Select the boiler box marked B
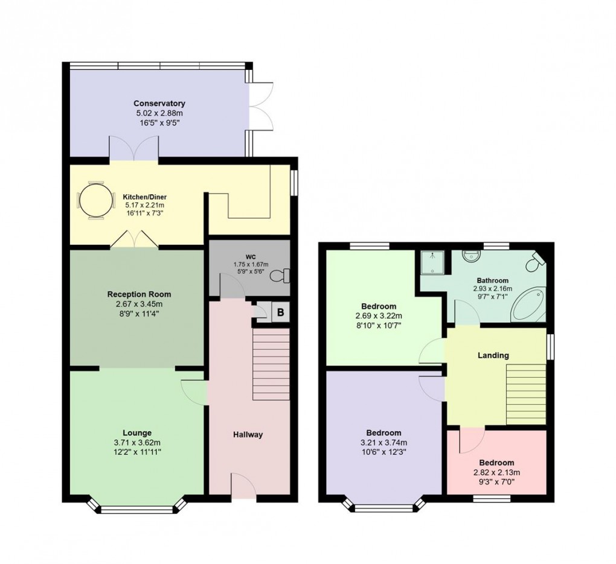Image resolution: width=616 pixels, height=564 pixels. coord(280,312)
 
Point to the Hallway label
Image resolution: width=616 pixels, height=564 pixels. coord(248,434)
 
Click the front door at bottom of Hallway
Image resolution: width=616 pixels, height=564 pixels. coord(243,486)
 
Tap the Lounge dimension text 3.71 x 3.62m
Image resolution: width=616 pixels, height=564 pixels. coord(137,442)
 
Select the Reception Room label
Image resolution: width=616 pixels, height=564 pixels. coord(139,294)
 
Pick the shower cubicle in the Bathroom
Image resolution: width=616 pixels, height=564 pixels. coord(433,262)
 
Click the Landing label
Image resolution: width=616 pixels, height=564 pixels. coord(493,355)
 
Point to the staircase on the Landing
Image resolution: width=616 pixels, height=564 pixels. coord(525,394)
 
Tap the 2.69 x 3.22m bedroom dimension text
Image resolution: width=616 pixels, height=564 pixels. coord(379,315)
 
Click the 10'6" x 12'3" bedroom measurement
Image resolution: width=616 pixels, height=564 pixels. coord(384,452)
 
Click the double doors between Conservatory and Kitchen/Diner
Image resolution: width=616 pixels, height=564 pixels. coord(134,150)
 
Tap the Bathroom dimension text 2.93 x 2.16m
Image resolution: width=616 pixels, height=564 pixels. coord(492,289)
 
